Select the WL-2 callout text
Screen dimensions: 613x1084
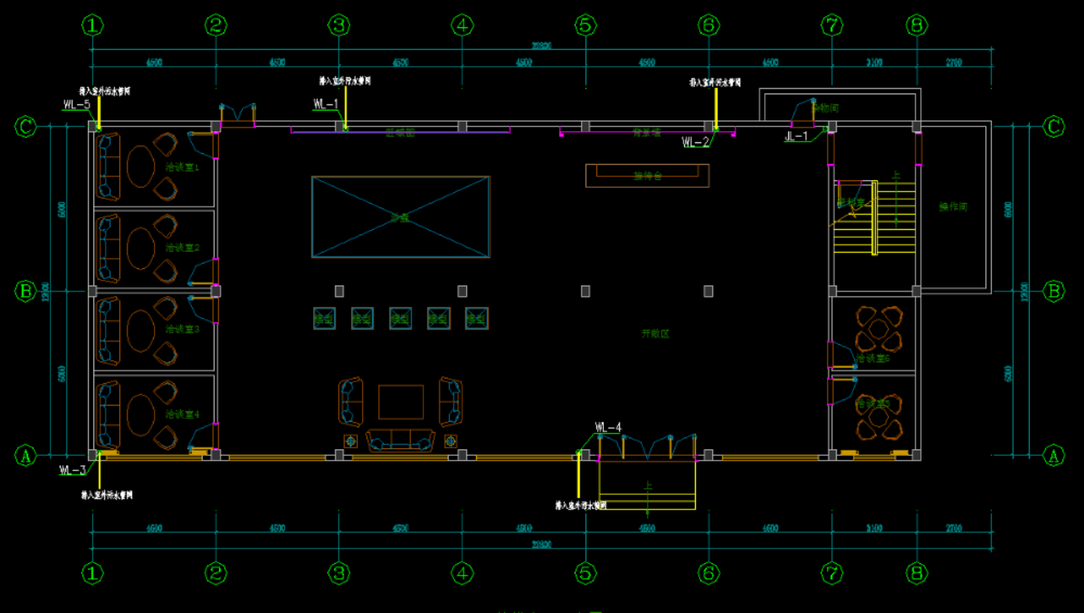point(695,142)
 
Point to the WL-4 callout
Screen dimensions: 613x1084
point(608,428)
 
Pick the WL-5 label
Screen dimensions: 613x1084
point(77,104)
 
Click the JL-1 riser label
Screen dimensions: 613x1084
point(796,136)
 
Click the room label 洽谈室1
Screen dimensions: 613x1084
point(182,166)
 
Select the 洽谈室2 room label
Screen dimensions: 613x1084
point(182,247)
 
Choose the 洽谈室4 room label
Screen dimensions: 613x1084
point(182,415)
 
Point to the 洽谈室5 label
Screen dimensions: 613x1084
point(873,404)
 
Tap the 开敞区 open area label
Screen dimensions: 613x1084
point(655,334)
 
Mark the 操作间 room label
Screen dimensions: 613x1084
point(954,207)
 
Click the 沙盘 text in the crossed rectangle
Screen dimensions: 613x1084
point(400,218)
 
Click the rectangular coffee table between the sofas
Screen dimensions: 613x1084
point(400,402)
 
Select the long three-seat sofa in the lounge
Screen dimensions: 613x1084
point(400,441)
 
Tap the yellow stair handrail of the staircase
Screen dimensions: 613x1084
point(874,218)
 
